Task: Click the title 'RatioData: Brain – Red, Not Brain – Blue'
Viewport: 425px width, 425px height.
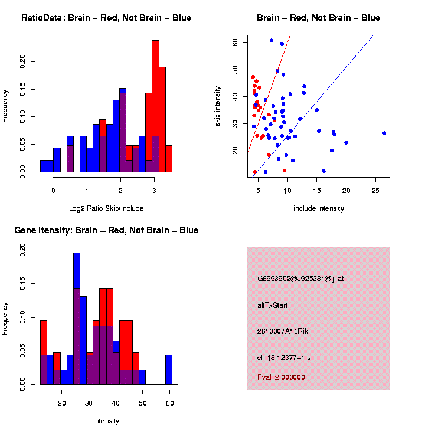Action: click(106, 18)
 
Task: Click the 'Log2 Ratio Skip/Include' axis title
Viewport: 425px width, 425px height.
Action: click(107, 208)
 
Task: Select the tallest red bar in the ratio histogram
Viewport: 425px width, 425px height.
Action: click(156, 106)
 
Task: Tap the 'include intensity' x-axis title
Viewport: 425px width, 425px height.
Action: click(319, 208)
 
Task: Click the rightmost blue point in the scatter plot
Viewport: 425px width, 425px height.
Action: click(384, 133)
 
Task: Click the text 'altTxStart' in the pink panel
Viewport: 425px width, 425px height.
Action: click(273, 305)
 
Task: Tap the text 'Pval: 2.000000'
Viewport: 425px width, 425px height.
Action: click(281, 377)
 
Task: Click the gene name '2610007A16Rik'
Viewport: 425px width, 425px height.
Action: click(283, 331)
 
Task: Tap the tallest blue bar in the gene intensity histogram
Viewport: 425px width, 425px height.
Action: click(77, 319)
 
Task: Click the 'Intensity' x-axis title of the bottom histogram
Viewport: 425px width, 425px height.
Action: click(106, 421)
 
